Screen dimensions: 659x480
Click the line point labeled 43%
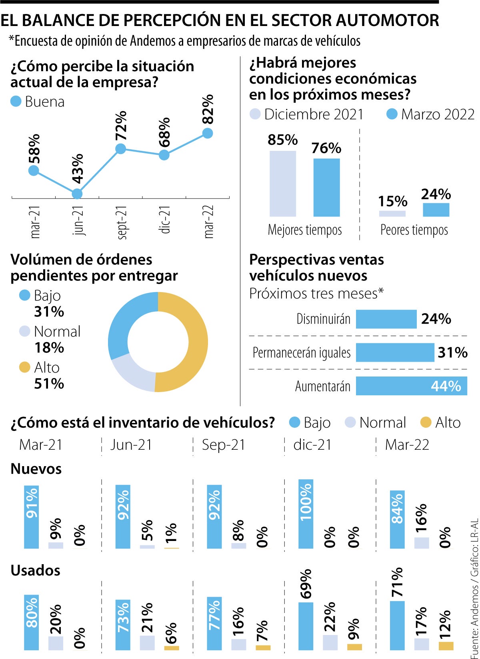tap(78, 194)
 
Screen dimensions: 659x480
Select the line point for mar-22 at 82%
tap(207, 133)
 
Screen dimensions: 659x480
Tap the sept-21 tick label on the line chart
tap(122, 222)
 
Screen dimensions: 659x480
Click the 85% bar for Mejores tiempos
tap(283, 184)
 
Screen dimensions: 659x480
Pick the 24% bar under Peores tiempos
tap(436, 210)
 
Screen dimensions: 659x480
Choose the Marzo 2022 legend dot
tap(392, 114)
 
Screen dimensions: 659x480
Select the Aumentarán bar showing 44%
tap(411, 386)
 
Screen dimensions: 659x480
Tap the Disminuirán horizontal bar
tap(386, 319)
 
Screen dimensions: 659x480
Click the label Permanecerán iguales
tap(302, 353)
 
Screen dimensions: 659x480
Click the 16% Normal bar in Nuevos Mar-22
tap(422, 543)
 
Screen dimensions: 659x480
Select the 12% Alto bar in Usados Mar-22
tap(446, 646)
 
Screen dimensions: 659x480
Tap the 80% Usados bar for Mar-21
tap(32, 622)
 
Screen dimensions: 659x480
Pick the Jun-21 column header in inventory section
tap(131, 445)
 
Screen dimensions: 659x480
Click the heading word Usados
tap(36, 571)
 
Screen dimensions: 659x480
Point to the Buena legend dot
tap(16, 102)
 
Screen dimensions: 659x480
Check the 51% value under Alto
tap(49, 384)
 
